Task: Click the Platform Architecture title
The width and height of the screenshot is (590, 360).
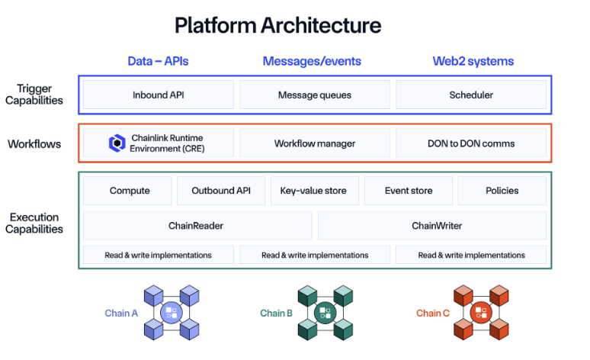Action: [x=277, y=25]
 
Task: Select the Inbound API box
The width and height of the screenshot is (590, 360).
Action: [x=159, y=95]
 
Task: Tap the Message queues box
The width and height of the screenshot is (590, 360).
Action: [x=314, y=95]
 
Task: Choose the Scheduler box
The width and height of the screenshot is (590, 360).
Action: [x=471, y=95]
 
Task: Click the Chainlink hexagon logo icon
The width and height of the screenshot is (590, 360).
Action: [x=116, y=143]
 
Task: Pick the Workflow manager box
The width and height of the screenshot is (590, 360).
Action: [x=314, y=143]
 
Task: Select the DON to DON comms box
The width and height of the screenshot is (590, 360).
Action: [x=471, y=143]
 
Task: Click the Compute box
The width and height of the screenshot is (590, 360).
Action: [x=127, y=191]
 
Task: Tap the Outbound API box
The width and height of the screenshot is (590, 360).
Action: [x=221, y=191]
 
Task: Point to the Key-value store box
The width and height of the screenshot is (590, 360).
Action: [x=314, y=191]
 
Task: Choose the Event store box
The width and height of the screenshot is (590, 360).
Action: [x=409, y=191]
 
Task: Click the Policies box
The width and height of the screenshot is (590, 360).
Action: [x=502, y=191]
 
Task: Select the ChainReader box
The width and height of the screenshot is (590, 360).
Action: [x=197, y=226]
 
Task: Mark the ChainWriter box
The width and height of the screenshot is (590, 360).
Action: [x=432, y=226]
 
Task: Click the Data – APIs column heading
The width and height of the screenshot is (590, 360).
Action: [x=158, y=61]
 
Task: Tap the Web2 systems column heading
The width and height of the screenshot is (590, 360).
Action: [x=473, y=61]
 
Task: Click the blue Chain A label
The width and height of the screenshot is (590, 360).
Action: [x=121, y=313]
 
